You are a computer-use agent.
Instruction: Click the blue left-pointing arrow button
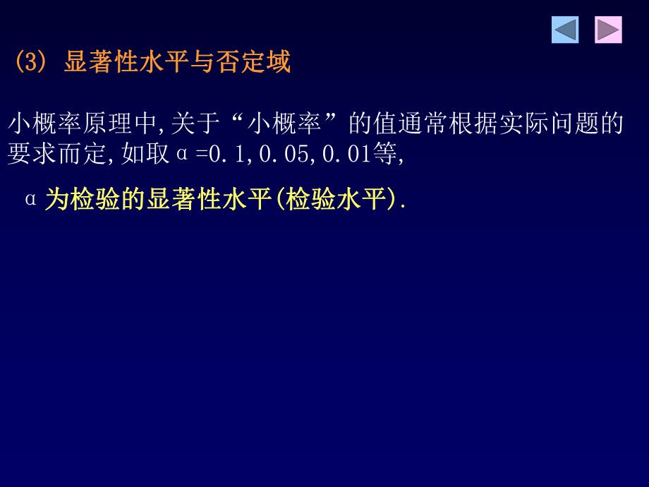click(565, 30)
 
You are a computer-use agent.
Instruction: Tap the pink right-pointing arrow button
click(608, 30)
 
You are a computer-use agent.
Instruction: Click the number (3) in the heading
click(30, 64)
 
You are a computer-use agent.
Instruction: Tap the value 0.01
click(346, 154)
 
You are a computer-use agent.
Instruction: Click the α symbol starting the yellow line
click(30, 200)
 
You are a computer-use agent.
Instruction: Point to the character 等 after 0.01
click(384, 154)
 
